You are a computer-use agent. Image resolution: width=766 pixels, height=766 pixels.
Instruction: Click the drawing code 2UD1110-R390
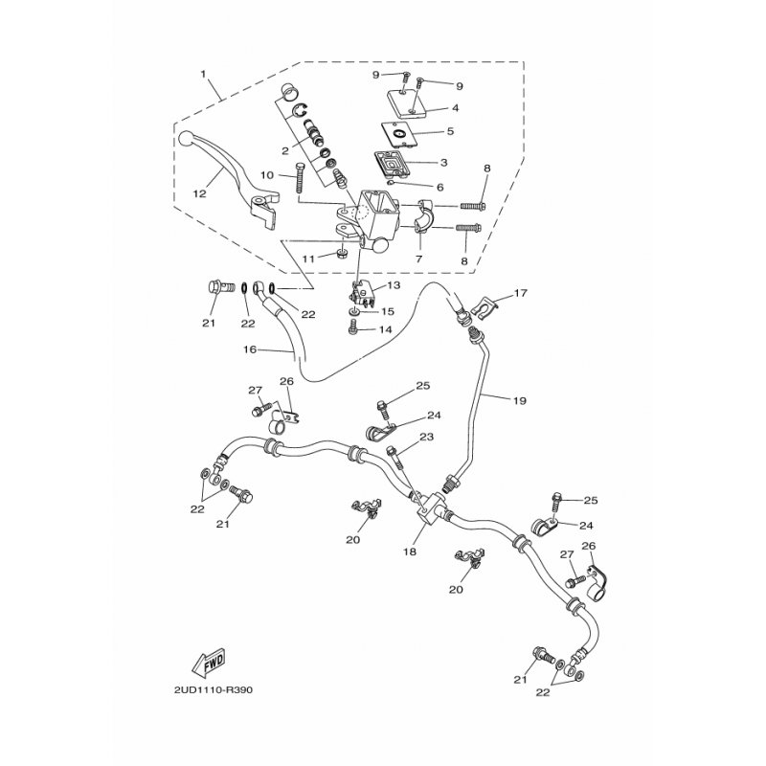pos(214,690)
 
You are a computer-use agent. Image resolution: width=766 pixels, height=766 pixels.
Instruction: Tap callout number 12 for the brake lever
pos(200,193)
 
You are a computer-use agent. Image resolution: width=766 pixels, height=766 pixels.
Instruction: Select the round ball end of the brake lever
pos(186,138)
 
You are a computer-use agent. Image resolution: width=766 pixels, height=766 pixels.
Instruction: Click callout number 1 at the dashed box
pos(203,75)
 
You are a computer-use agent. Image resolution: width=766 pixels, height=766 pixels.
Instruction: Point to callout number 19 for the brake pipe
pos(519,400)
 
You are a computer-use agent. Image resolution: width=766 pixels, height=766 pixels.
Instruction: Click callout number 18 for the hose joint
pos(410,552)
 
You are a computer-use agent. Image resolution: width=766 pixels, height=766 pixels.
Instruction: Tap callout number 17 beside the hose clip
pos(521,293)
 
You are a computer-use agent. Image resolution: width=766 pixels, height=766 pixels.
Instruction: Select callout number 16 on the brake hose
pos(250,349)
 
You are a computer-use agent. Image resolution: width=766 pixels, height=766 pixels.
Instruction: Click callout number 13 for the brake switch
pos(394,284)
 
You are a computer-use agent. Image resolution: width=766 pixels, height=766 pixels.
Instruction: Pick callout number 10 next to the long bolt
pos(267,175)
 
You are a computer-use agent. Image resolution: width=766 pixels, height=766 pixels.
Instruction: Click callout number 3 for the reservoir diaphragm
pos(443,162)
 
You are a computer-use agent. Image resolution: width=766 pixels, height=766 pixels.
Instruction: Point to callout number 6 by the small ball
pos(439,187)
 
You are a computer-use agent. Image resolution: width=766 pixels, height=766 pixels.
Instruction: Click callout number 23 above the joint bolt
pos(426,437)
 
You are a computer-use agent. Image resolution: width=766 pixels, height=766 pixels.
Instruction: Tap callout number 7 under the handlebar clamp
pos(418,259)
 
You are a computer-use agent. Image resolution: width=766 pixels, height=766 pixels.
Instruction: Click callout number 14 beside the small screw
pos(385,329)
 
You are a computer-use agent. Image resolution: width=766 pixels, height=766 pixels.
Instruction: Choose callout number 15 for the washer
pos(387,311)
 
